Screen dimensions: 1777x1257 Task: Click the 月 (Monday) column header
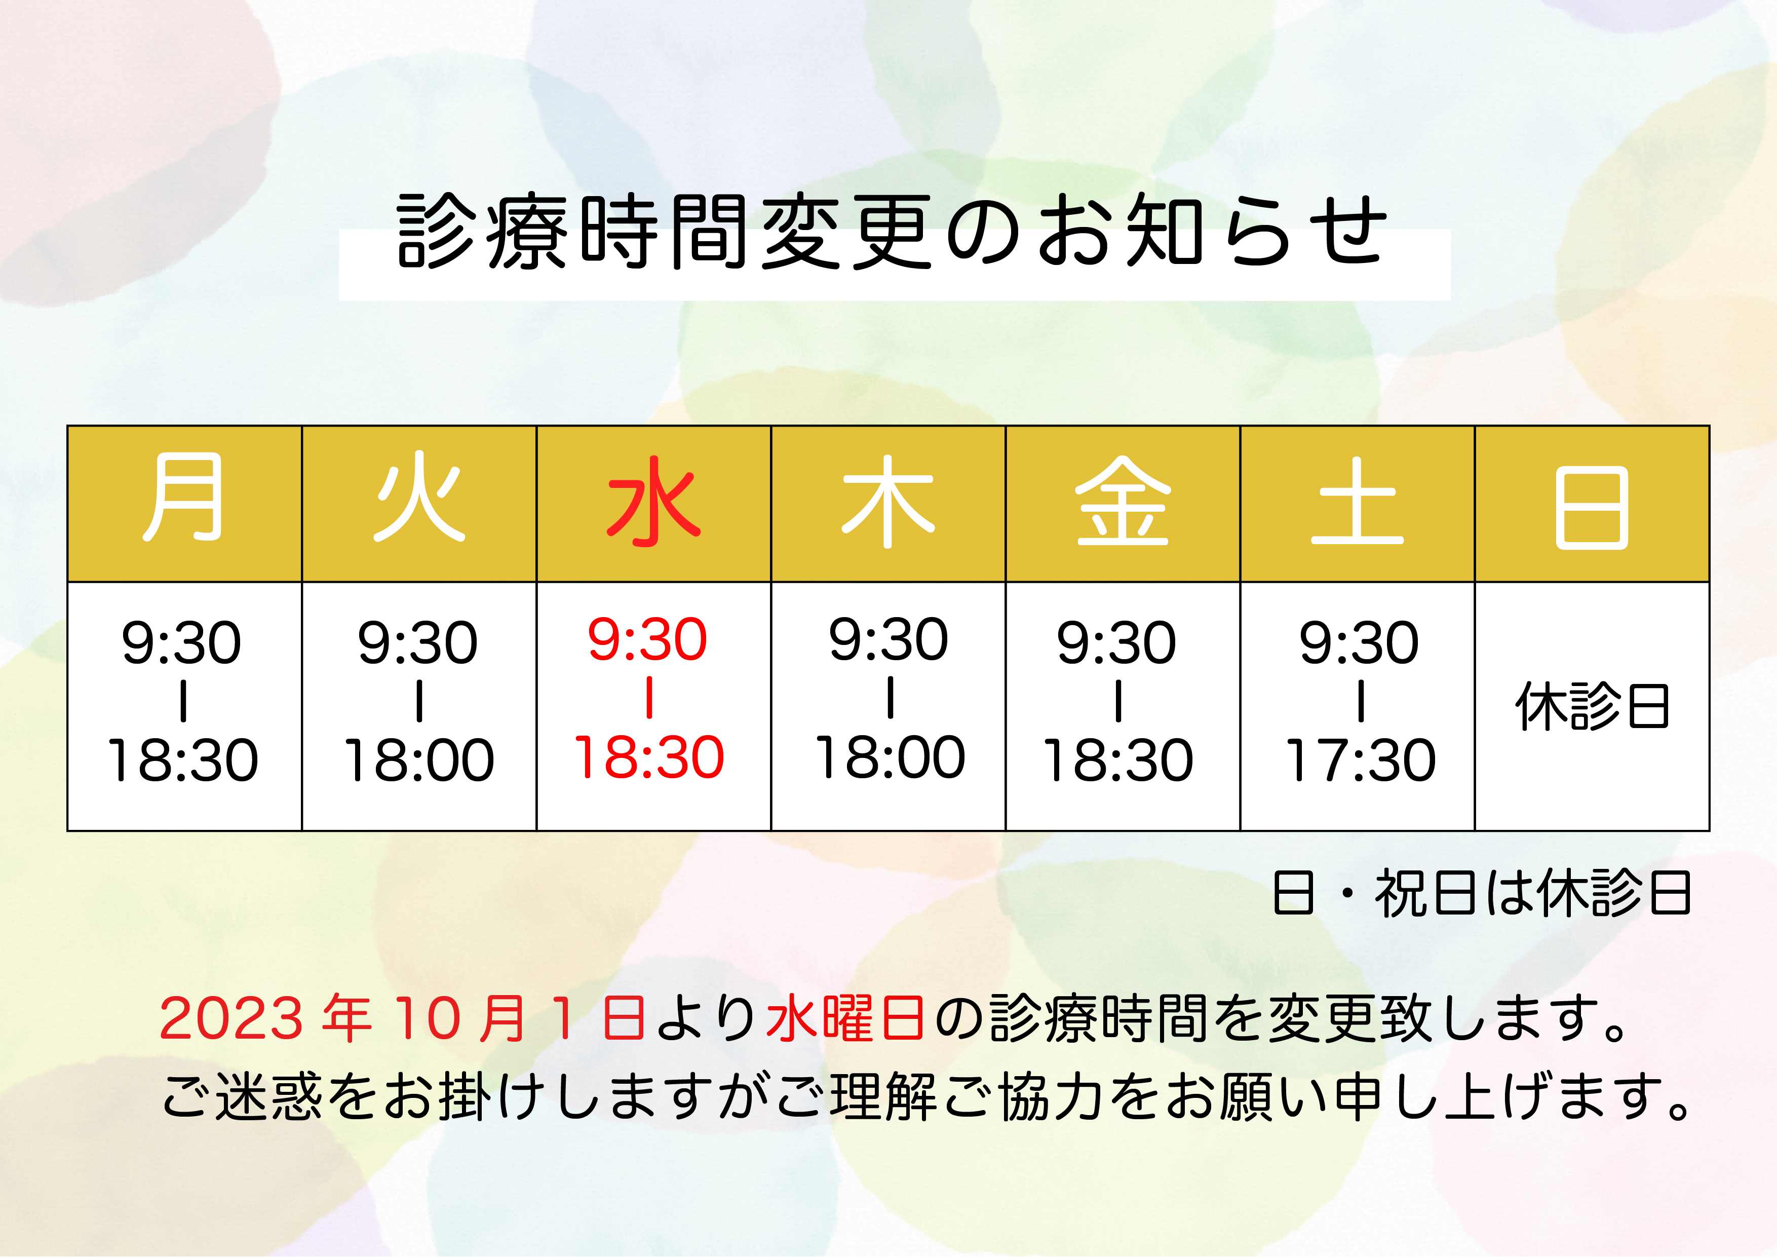(184, 498)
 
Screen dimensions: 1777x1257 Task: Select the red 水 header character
(653, 500)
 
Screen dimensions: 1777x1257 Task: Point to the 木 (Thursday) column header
(888, 500)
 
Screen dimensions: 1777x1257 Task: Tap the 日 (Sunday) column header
(1592, 508)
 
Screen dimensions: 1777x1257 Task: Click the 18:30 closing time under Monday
(183, 760)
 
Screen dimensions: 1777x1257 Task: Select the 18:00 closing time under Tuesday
(419, 760)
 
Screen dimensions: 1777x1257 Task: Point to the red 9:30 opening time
(648, 639)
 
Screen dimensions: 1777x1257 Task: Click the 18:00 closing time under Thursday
(890, 757)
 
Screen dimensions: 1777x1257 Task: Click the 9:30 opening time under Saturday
(1359, 642)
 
